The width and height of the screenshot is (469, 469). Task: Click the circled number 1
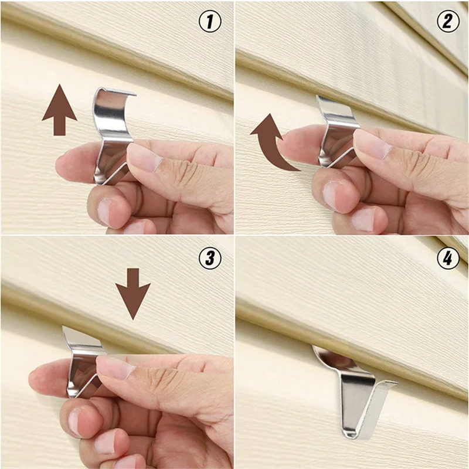coord(210,22)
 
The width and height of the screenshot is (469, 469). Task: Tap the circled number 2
coord(447,22)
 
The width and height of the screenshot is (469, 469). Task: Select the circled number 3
coord(210,259)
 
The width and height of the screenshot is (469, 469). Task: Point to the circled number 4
coord(447,259)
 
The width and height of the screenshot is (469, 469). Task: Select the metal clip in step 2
coord(336,126)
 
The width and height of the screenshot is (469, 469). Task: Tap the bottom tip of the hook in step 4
coord(348,434)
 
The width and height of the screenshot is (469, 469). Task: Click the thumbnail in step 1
coord(142,157)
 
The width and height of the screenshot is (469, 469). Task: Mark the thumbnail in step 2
coord(371,143)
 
